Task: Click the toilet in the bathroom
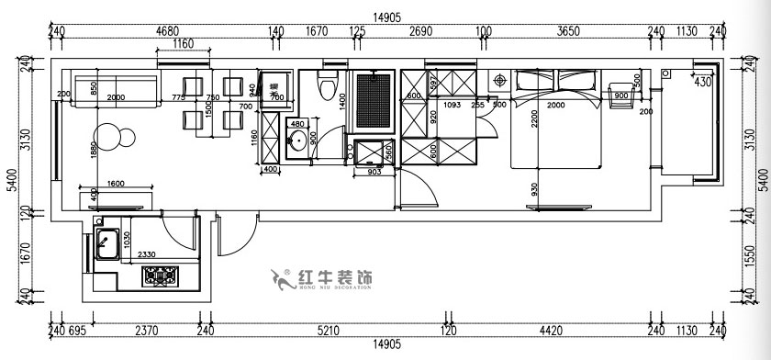(326, 84)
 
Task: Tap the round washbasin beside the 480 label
(296, 141)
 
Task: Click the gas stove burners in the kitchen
(162, 274)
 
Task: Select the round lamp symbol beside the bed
(499, 81)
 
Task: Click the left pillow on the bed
(533, 84)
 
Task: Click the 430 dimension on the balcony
(703, 82)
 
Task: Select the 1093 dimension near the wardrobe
(452, 105)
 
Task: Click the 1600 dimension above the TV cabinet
(116, 184)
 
